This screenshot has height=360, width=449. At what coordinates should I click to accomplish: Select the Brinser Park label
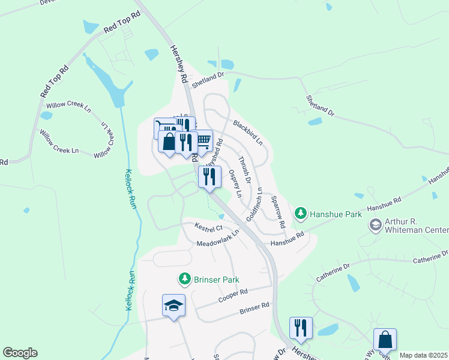[216, 280]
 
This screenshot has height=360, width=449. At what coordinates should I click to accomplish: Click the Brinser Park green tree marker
[185, 279]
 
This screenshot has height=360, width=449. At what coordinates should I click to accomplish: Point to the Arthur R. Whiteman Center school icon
[376, 225]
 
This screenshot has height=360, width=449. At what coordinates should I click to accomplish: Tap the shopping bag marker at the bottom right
[385, 340]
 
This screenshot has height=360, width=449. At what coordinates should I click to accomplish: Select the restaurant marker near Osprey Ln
[209, 177]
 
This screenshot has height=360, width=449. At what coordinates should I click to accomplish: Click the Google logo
[20, 353]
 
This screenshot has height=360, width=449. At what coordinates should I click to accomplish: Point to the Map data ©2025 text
[424, 355]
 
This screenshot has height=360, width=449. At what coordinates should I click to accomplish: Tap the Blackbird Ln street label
[248, 133]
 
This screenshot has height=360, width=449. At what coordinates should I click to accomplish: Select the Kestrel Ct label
[209, 227]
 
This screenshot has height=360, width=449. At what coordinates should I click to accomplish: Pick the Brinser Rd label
[254, 308]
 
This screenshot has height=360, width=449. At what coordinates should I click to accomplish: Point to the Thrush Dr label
[244, 166]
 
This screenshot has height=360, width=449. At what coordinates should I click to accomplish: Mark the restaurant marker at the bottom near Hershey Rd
[301, 328]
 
